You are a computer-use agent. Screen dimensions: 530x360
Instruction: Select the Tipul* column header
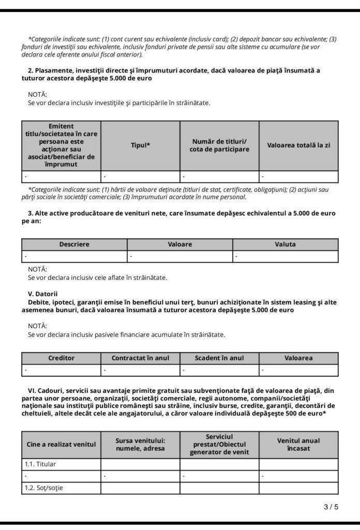click(141, 145)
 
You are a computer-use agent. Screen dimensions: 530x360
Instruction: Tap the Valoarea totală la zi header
click(298, 145)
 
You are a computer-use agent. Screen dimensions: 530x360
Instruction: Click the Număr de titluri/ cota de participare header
click(220, 145)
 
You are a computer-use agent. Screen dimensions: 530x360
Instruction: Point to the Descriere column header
click(74, 244)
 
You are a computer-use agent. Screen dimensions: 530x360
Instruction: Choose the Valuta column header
click(285, 244)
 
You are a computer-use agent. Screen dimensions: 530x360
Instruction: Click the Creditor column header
click(62, 358)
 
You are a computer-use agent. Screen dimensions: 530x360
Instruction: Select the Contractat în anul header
click(141, 358)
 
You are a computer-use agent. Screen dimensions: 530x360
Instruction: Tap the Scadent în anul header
click(220, 358)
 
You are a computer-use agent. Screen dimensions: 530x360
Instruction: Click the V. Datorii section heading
click(43, 293)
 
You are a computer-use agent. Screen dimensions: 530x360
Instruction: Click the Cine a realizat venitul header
click(62, 444)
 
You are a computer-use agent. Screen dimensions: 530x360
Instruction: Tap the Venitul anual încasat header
click(298, 444)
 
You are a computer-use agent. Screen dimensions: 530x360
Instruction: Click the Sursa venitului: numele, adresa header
click(141, 444)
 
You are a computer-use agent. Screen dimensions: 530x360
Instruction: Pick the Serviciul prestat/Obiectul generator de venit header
click(220, 444)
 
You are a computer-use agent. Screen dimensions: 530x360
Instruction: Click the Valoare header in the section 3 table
click(180, 244)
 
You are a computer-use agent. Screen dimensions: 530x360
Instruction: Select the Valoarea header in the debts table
click(298, 358)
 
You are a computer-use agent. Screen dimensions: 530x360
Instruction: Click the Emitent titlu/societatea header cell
click(62, 145)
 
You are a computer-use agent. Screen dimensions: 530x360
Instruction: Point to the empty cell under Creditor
click(62, 370)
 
